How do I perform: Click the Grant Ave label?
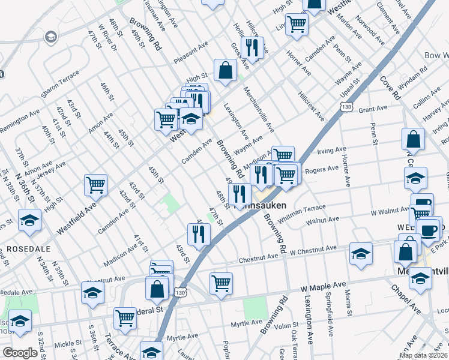373,109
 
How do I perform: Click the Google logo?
20,353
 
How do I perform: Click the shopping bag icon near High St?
225,70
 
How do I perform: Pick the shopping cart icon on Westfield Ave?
96,185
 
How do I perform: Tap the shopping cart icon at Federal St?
125,317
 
